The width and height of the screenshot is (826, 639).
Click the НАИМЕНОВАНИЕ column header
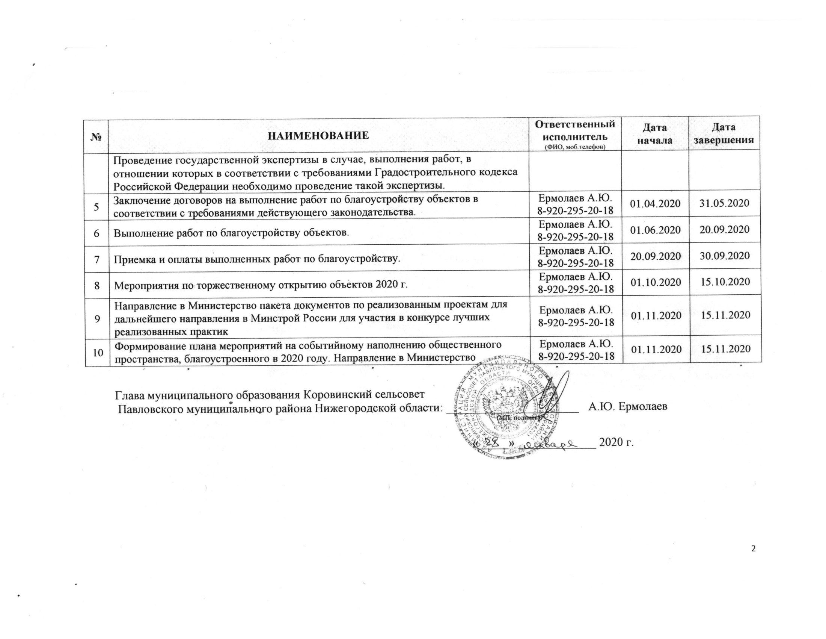(318, 135)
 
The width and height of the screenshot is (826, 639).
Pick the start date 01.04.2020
(655, 204)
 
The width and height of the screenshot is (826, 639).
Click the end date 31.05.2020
(724, 203)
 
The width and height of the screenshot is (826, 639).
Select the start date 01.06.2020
(655, 230)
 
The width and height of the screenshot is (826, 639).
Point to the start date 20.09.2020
(655, 256)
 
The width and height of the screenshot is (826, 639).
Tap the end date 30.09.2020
(724, 256)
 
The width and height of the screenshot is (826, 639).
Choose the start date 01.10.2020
(655, 282)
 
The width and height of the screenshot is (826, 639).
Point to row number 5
(97, 207)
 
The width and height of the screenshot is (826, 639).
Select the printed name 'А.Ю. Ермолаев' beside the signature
(628, 407)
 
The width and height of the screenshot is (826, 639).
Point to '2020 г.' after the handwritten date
(616, 442)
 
